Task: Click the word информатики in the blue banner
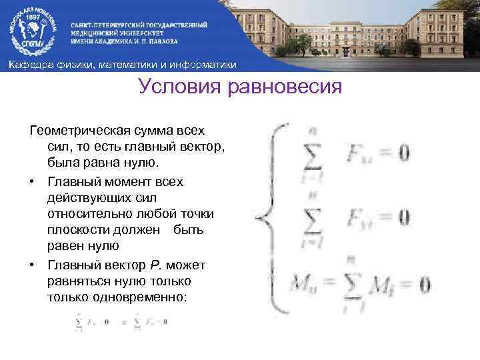point(205,64)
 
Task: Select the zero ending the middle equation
point(403,217)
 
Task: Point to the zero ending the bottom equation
point(425,286)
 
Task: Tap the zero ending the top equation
point(403,154)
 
